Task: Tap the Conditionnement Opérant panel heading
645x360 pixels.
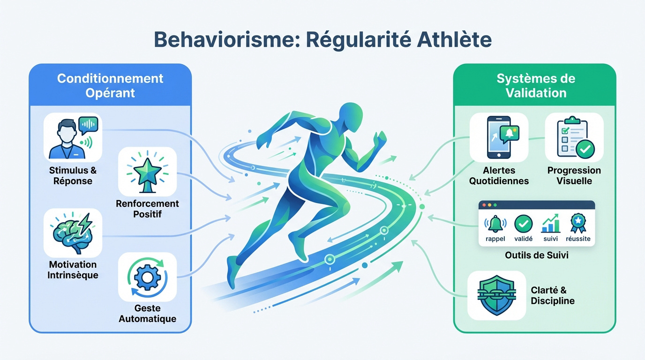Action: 110,85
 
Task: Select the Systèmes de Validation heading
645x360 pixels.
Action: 536,85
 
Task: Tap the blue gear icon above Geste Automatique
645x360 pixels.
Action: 148,277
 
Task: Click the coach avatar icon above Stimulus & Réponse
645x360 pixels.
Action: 73,138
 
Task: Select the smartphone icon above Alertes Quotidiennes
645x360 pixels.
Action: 502,137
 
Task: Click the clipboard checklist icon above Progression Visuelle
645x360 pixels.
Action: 575,137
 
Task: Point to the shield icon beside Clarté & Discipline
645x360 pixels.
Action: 497,295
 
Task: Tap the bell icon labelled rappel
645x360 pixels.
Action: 495,224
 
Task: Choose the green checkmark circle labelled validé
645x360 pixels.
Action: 523,224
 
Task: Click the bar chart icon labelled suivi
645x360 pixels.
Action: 551,223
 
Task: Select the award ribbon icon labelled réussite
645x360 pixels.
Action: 578,223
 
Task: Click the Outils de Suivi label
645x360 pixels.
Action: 537,255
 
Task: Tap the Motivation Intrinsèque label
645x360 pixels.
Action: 73,270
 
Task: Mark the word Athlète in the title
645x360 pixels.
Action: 454,40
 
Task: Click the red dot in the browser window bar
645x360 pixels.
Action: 484,205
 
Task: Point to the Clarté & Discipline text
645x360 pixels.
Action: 553,295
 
